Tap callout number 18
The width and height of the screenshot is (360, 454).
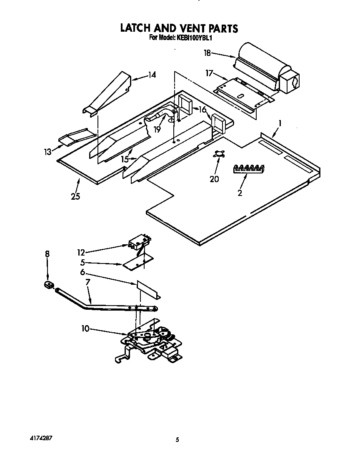[207, 53]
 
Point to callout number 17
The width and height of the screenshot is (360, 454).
[209, 73]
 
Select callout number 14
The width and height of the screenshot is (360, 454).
[152, 75]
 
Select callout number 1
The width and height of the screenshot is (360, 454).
[280, 124]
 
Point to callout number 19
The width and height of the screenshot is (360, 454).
[157, 130]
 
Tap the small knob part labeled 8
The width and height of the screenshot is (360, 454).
[47, 285]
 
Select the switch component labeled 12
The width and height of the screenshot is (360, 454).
[139, 243]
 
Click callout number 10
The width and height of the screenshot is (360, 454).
[85, 329]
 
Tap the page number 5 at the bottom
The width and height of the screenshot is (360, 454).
[177, 439]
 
